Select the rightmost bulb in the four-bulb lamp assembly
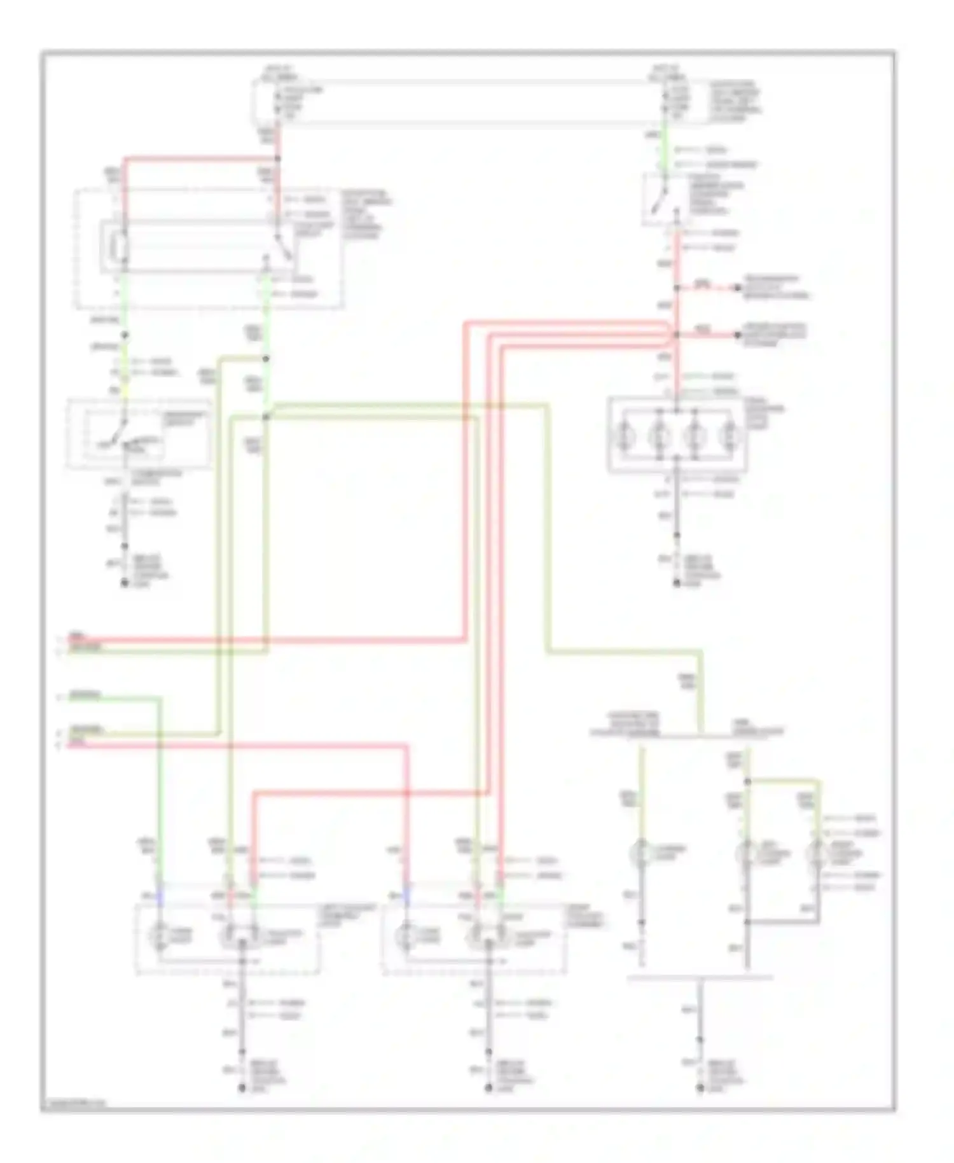[729, 436]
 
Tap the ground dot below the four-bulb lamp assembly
[677, 583]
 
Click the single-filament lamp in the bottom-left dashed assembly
[158, 936]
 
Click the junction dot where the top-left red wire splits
[277, 158]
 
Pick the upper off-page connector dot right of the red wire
[738, 288]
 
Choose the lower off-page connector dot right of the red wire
[738, 335]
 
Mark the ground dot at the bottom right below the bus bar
[700, 1089]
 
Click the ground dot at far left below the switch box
[125, 583]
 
